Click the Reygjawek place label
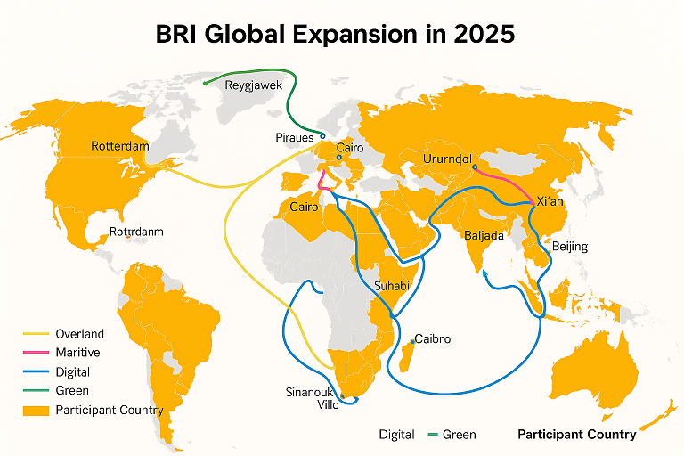point(254,85)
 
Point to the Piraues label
point(295,138)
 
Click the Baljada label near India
point(484,236)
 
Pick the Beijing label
point(570,246)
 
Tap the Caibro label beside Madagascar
point(433,339)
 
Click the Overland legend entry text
point(79,334)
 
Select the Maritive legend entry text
point(78,353)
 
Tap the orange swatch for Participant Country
point(34,410)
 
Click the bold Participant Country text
point(576,435)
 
